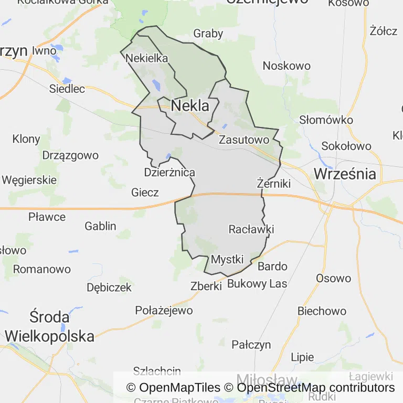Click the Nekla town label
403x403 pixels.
click(x=190, y=106)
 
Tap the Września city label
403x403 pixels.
click(x=345, y=174)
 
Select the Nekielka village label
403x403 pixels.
click(x=147, y=58)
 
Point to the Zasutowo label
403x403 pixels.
click(x=244, y=140)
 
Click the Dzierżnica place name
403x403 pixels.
click(x=169, y=172)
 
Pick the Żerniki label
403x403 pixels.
click(x=274, y=184)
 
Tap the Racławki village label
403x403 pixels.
click(x=251, y=229)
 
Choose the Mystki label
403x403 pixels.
click(x=227, y=259)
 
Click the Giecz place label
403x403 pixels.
click(x=145, y=193)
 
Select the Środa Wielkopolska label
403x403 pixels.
click(x=50, y=326)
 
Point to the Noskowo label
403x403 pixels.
click(x=287, y=66)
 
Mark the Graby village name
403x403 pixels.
click(x=208, y=34)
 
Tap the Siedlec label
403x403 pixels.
click(x=67, y=89)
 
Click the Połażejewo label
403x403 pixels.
click(x=164, y=310)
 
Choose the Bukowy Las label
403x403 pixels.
click(x=257, y=284)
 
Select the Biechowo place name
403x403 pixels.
click(x=322, y=311)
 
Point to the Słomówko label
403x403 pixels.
click(x=326, y=120)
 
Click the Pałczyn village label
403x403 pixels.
click(x=251, y=344)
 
